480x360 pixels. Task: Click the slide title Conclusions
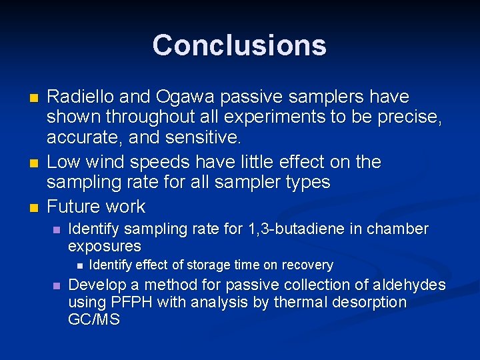pyautogui.click(x=239, y=45)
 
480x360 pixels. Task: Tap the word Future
pyautogui.click(x=77, y=206)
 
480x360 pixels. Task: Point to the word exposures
pyautogui.click(x=105, y=246)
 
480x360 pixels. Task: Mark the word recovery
pyautogui.click(x=307, y=265)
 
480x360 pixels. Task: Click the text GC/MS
pyautogui.click(x=94, y=320)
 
